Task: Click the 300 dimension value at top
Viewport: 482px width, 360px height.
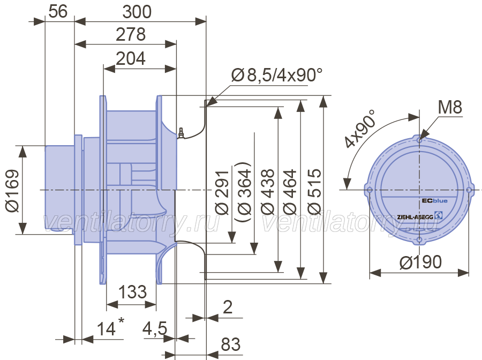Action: (137, 12)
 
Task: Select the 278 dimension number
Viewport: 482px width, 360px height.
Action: (131, 34)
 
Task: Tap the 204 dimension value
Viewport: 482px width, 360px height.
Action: (131, 58)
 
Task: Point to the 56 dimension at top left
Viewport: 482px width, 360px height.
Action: (58, 12)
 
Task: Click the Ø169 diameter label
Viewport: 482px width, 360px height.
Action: (13, 191)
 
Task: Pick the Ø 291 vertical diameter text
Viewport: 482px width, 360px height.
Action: (222, 192)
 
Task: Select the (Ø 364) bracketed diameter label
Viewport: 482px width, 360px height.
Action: (244, 192)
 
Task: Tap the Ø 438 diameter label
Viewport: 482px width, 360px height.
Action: (267, 192)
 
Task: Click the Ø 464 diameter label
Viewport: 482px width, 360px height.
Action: (290, 192)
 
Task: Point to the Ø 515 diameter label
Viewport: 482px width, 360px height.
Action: (314, 192)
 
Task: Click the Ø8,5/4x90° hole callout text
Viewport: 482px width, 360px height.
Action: (277, 75)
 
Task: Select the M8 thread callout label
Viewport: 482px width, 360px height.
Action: (450, 107)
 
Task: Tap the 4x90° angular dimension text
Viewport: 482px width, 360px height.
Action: (360, 129)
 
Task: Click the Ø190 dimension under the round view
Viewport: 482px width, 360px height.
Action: (420, 262)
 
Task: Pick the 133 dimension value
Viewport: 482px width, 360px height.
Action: (132, 292)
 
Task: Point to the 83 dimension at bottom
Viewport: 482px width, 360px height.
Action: (230, 344)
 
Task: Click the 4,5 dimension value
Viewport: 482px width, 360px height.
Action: (155, 328)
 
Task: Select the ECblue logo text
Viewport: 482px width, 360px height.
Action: (435, 201)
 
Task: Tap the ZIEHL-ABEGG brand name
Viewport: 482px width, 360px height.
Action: (415, 217)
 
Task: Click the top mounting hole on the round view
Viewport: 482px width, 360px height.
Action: (419, 140)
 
